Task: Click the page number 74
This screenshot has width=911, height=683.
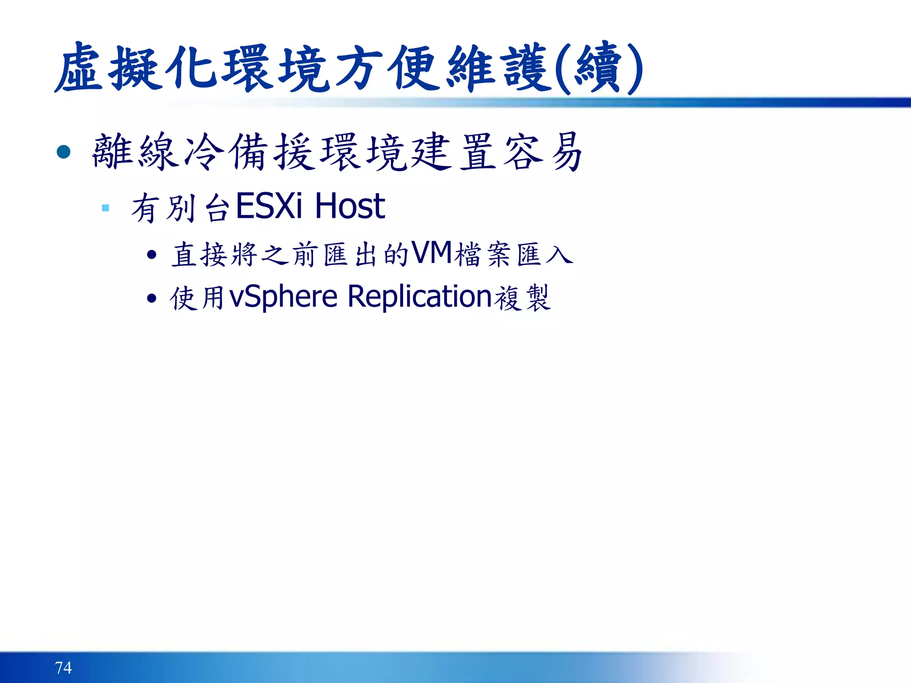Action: pyautogui.click(x=63, y=667)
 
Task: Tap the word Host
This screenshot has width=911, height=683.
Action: pyautogui.click(x=350, y=206)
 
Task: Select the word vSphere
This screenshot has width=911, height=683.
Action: pyautogui.click(x=283, y=297)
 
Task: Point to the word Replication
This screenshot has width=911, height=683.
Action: pyautogui.click(x=419, y=297)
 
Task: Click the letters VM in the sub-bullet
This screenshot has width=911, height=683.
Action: pyautogui.click(x=431, y=253)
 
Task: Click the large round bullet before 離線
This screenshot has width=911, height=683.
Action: pyautogui.click(x=64, y=152)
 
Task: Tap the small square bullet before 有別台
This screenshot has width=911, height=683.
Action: pyautogui.click(x=105, y=208)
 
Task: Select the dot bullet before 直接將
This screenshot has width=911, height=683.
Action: pyautogui.click(x=152, y=255)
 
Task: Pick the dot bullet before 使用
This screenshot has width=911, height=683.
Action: pyautogui.click(x=152, y=298)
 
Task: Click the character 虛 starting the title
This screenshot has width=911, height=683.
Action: pyautogui.click(x=80, y=69)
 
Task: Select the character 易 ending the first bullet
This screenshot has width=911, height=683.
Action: pyautogui.click(x=566, y=152)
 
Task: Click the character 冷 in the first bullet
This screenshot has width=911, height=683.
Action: pyautogui.click(x=204, y=152)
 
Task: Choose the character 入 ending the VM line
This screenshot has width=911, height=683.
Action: pyautogui.click(x=559, y=255)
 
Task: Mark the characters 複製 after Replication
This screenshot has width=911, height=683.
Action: pyautogui.click(x=523, y=298)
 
